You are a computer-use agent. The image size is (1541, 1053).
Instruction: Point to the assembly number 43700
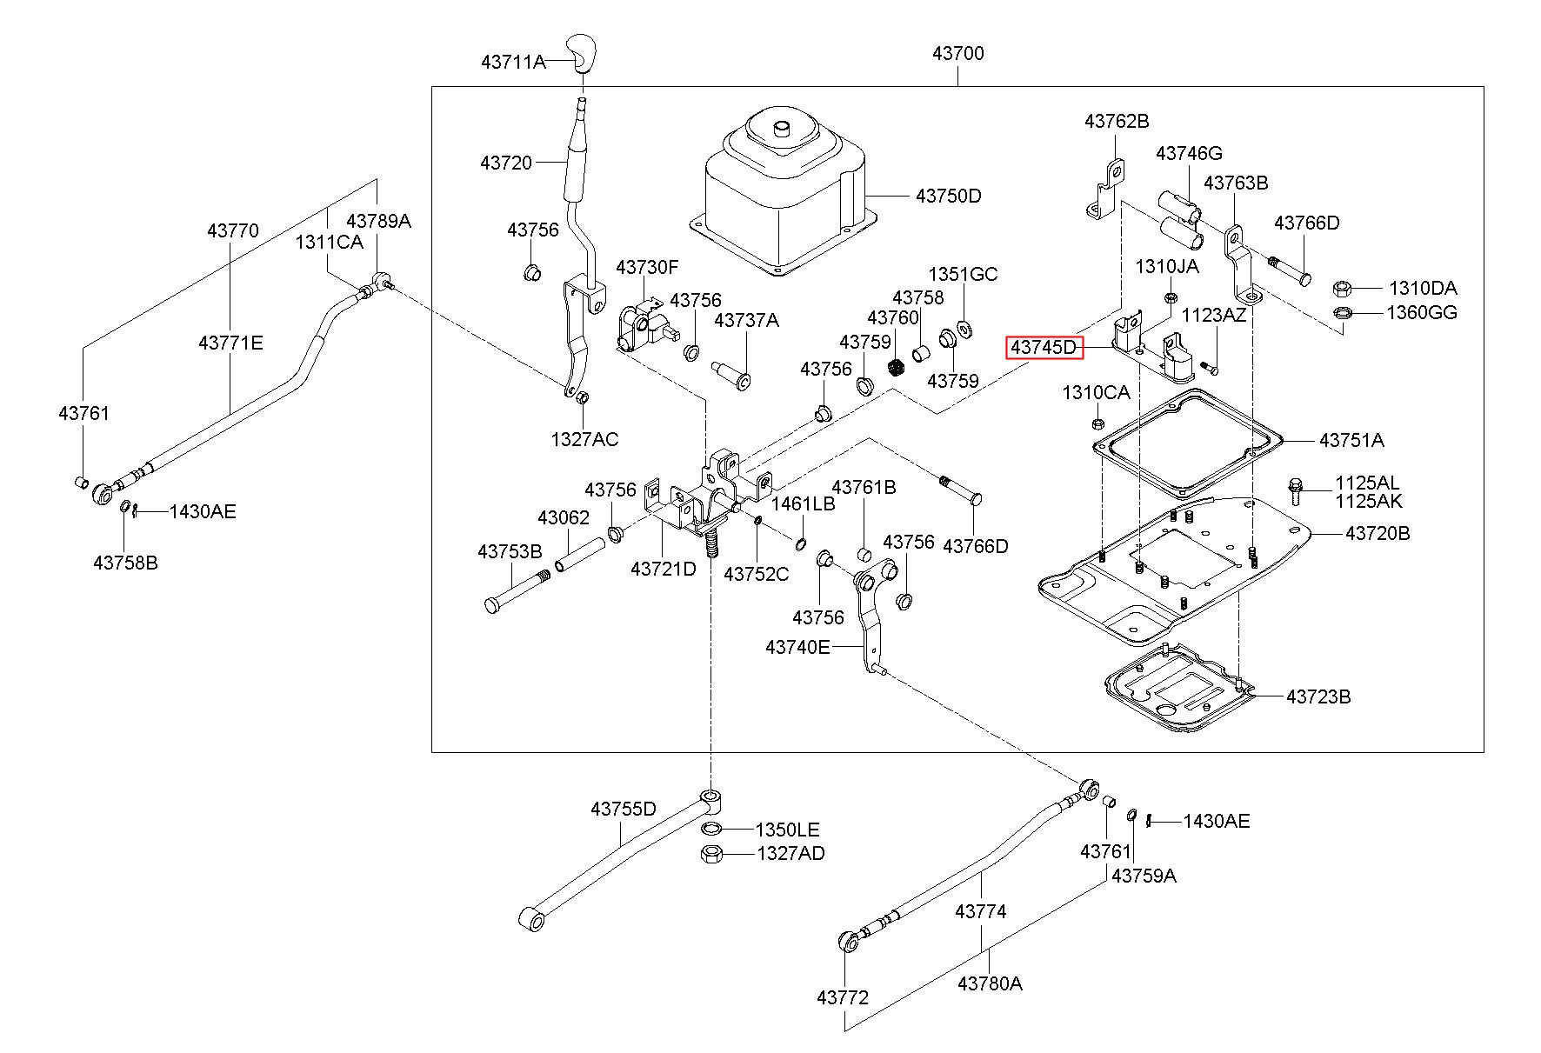click(x=958, y=53)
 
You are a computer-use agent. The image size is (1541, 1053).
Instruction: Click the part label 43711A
click(x=513, y=62)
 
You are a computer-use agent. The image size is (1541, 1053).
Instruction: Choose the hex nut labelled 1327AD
click(x=710, y=853)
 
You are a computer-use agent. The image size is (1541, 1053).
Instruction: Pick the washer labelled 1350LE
click(x=711, y=829)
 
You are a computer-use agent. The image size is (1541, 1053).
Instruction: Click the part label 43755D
click(x=624, y=809)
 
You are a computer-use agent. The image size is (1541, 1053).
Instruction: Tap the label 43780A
click(x=990, y=983)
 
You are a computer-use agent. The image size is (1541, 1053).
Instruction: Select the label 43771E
click(x=230, y=343)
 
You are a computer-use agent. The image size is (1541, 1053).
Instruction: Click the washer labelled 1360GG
click(x=1341, y=313)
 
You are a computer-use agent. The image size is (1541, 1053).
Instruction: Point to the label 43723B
click(x=1318, y=696)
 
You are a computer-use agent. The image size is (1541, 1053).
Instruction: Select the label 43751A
click(x=1351, y=440)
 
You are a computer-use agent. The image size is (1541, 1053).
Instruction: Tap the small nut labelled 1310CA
click(x=1097, y=423)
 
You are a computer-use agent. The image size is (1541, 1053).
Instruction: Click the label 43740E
click(x=798, y=647)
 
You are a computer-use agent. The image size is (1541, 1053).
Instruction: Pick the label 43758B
click(x=126, y=563)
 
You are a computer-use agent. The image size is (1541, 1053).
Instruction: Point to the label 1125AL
click(x=1369, y=483)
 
